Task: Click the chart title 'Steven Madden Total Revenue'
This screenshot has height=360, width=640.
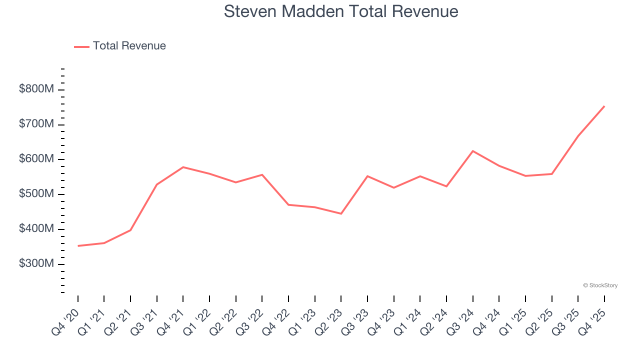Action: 341,11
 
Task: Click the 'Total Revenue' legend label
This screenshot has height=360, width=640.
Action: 129,46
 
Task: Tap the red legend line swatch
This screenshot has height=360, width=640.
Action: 81,46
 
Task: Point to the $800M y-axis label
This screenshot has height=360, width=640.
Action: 36,89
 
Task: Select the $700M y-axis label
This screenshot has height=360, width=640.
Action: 36,124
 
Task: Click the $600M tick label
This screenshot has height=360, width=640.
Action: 36,159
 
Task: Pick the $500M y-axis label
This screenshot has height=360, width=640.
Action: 36,194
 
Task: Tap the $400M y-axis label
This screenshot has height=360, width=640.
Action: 36,229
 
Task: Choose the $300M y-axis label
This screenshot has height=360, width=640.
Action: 36,263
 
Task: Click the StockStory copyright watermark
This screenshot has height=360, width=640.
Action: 600,285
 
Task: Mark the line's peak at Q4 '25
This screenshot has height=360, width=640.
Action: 604,106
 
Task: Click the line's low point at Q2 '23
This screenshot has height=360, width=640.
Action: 341,213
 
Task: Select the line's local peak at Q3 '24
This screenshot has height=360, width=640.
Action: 472,151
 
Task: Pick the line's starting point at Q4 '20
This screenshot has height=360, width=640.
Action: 78,246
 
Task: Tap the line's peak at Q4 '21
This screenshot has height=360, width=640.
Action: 183,167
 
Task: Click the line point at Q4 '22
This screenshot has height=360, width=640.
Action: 288,204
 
